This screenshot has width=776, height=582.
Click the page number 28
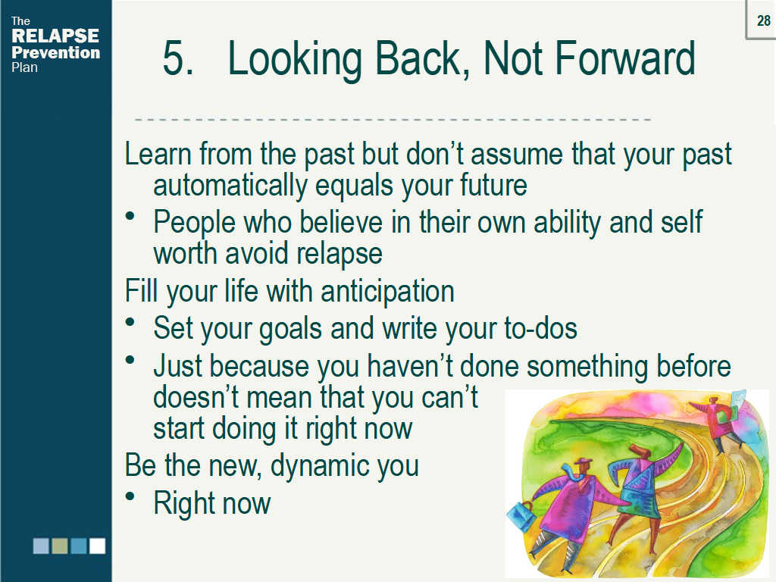click(x=763, y=21)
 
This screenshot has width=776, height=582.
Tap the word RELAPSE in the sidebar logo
click(x=55, y=36)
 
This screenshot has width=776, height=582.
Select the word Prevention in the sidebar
click(x=55, y=53)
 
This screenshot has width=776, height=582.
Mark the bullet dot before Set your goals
click(x=131, y=323)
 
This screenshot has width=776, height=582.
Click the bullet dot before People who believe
click(x=131, y=217)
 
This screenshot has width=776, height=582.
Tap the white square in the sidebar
click(x=97, y=546)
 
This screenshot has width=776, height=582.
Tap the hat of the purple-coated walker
click(x=583, y=463)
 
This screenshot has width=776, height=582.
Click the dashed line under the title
click(x=393, y=120)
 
